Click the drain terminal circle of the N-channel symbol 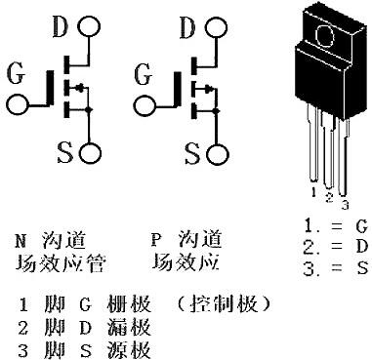tap(93, 21)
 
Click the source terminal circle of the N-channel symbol tap(92, 152)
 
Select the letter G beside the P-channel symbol tap(144, 71)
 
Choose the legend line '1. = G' tap(335, 225)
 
